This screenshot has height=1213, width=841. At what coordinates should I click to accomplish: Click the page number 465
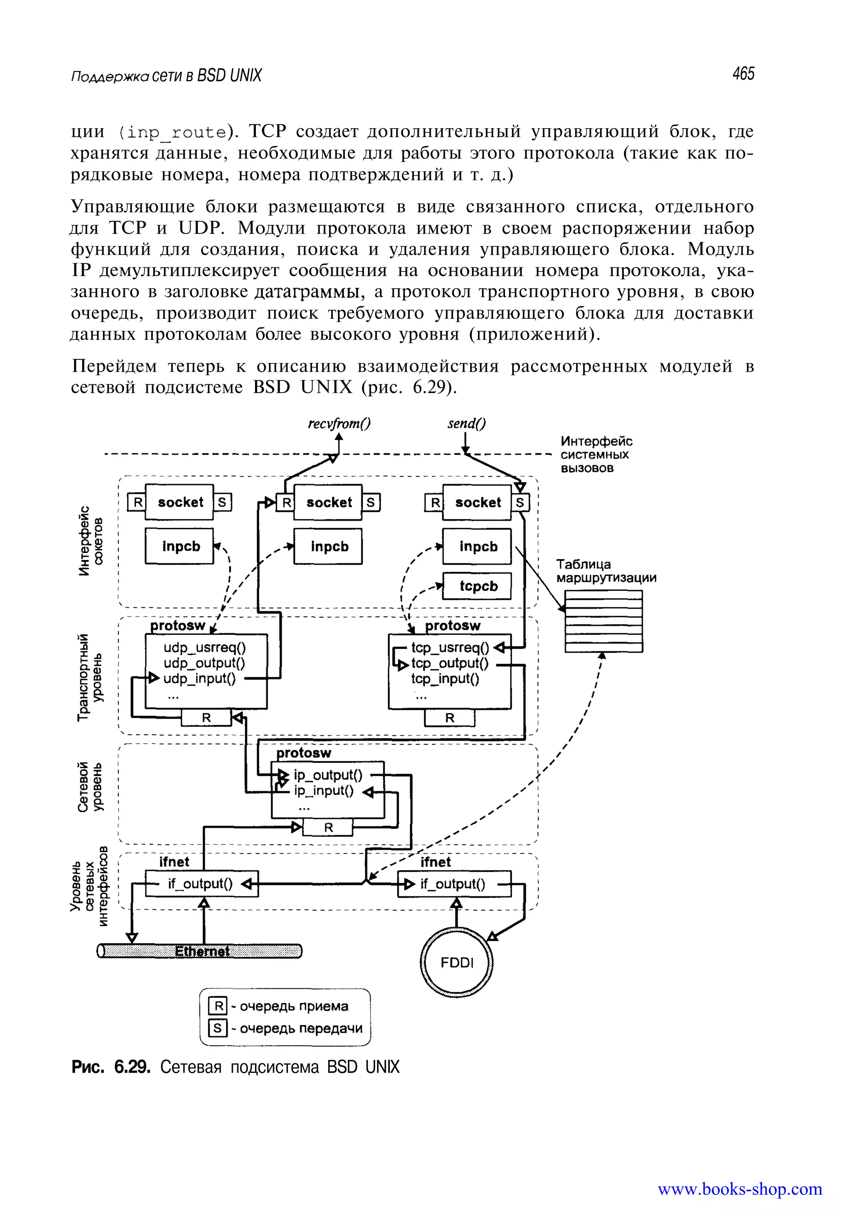pyautogui.click(x=743, y=74)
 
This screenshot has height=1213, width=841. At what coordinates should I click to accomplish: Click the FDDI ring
pyautogui.click(x=457, y=963)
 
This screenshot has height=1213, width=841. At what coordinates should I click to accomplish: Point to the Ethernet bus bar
pyautogui.click(x=200, y=951)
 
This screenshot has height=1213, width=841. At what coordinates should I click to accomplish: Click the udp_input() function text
pyautogui.click(x=199, y=679)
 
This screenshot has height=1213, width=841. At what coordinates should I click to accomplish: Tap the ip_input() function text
pyautogui.click(x=324, y=791)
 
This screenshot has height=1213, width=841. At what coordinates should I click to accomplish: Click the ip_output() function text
pyautogui.click(x=328, y=775)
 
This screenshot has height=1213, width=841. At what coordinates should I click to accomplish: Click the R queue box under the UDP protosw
pyautogui.click(x=206, y=718)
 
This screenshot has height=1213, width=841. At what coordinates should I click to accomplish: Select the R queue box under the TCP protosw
pyautogui.click(x=450, y=718)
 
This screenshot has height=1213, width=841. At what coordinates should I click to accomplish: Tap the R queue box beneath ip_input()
pyautogui.click(x=328, y=828)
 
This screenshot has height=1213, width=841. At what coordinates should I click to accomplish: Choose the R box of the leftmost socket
pyautogui.click(x=136, y=503)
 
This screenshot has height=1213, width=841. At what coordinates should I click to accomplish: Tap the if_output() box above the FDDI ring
pyautogui.click(x=454, y=884)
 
